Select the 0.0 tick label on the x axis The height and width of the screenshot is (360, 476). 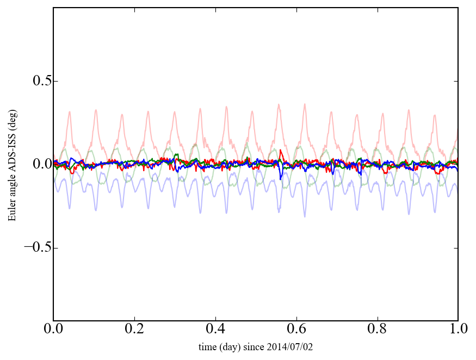click(x=53, y=330)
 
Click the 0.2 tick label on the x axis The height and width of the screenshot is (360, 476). click(x=134, y=330)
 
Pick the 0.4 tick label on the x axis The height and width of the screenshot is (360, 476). click(x=215, y=330)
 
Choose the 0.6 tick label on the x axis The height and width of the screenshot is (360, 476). click(x=296, y=330)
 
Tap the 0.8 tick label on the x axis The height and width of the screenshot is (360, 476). click(x=377, y=330)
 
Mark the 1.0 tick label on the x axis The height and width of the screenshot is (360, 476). click(x=458, y=330)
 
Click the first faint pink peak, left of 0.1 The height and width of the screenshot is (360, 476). click(x=70, y=112)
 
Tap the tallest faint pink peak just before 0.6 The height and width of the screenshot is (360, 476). click(x=279, y=104)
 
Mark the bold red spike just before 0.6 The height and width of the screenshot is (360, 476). click(x=280, y=151)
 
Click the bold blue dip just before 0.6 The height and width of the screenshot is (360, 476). click(x=281, y=179)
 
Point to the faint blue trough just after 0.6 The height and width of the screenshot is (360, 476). click(x=305, y=216)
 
